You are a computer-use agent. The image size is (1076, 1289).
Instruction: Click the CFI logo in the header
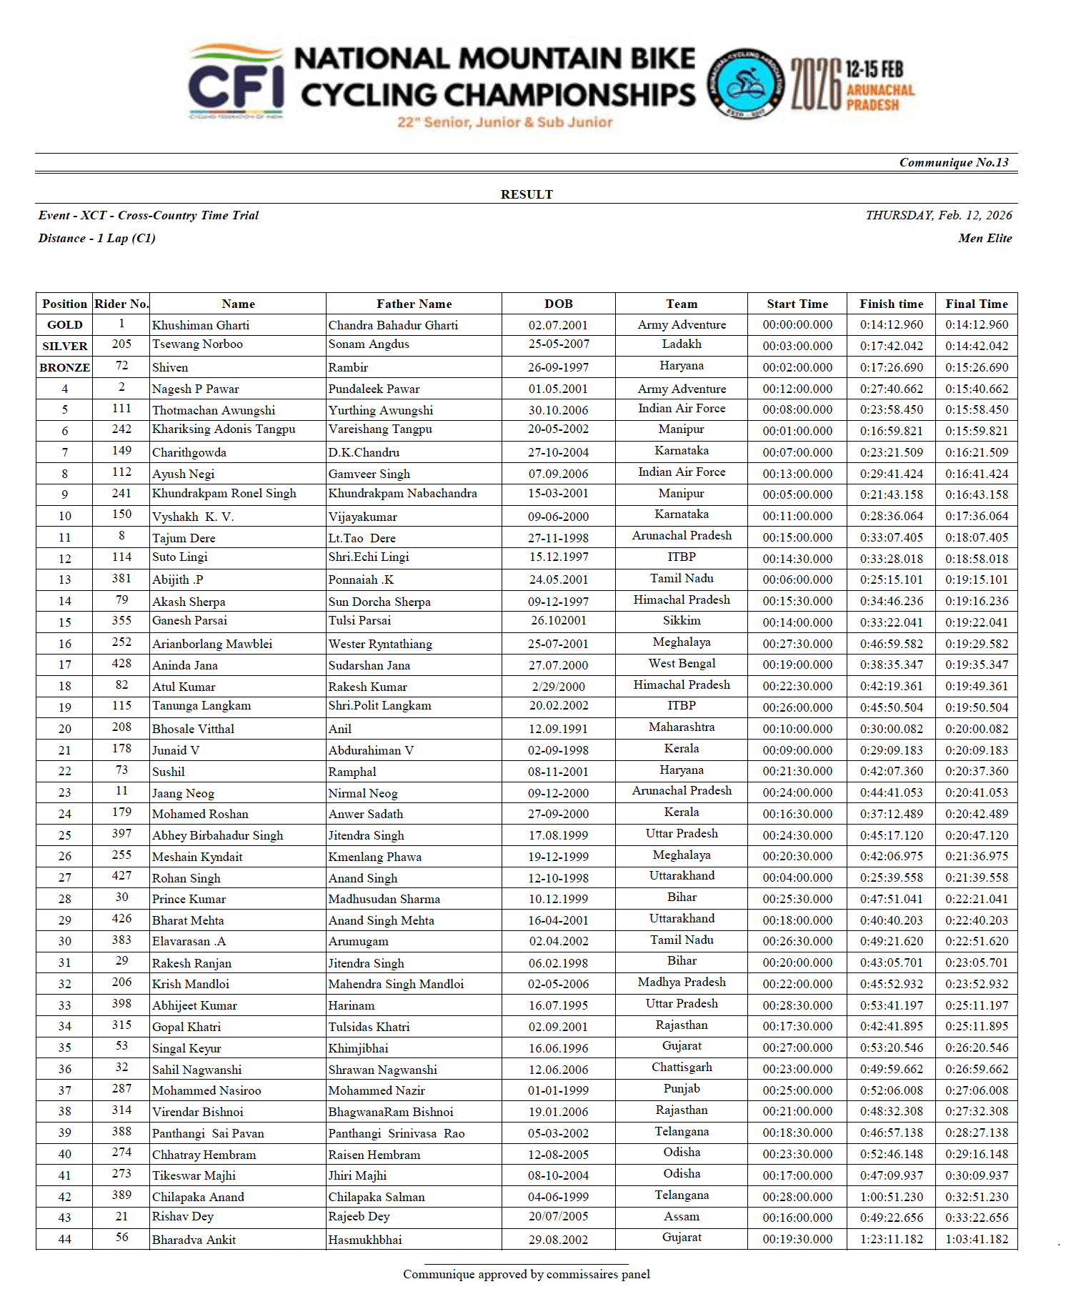[x=236, y=82]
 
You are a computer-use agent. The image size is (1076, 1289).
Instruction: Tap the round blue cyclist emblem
[x=746, y=84]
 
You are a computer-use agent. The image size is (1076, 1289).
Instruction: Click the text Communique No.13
[x=953, y=163]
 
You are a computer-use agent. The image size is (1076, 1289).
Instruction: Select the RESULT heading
[x=527, y=194]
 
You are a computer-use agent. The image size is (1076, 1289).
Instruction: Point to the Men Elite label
[x=985, y=239]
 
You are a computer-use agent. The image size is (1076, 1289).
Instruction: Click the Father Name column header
[x=414, y=304]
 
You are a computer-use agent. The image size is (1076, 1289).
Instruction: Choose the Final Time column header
[x=976, y=304]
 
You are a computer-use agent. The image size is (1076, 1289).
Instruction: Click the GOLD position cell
[x=64, y=325]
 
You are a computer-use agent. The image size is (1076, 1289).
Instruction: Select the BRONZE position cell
[x=64, y=367]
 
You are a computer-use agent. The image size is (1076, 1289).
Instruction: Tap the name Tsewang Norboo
[x=197, y=344]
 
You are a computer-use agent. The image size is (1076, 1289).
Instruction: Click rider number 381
[x=121, y=579]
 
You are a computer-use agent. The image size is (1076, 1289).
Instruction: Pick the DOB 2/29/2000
[x=558, y=687]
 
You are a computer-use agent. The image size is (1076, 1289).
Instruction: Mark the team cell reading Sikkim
[x=681, y=621]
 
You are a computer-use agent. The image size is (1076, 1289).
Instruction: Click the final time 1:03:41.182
[x=976, y=1240]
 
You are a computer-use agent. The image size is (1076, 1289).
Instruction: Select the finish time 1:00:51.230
[x=891, y=1197]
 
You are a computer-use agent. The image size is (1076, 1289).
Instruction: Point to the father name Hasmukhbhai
[x=365, y=1240]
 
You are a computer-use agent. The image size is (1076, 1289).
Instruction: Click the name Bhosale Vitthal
[x=193, y=729]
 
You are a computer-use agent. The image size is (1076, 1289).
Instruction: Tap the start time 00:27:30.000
[x=797, y=644]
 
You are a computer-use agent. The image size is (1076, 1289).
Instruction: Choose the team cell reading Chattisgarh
[x=681, y=1067]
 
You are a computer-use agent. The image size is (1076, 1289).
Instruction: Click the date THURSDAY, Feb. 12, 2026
[x=938, y=216]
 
